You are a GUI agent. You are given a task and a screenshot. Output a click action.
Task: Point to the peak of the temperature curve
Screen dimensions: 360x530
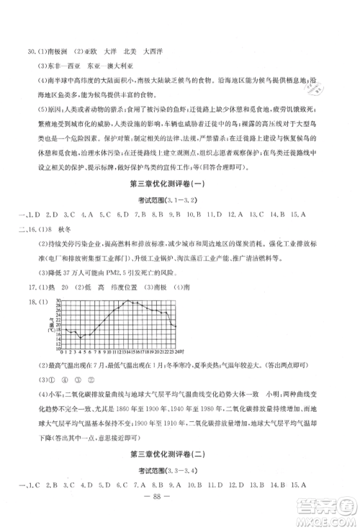pyautogui.click(x=128, y=300)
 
